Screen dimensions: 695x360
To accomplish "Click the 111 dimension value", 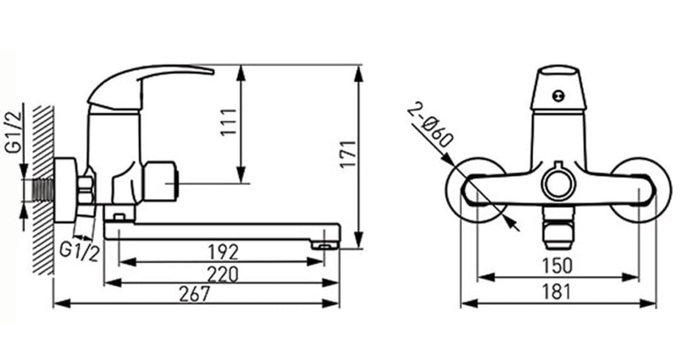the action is pyautogui.click(x=229, y=123).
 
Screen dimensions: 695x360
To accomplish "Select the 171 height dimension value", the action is pyautogui.click(x=348, y=154).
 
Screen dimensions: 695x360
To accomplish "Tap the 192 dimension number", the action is pyautogui.click(x=223, y=253).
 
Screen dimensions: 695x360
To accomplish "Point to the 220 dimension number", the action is pyautogui.click(x=223, y=275).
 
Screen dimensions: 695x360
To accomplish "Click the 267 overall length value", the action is pyautogui.click(x=195, y=294).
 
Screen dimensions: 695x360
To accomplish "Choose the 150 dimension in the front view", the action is pyautogui.click(x=558, y=266).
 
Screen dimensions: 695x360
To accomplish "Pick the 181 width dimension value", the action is pyautogui.click(x=557, y=292).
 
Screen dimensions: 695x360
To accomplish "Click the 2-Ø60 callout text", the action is pyautogui.click(x=430, y=125).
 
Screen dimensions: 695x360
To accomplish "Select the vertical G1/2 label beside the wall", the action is pyautogui.click(x=13, y=133).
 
